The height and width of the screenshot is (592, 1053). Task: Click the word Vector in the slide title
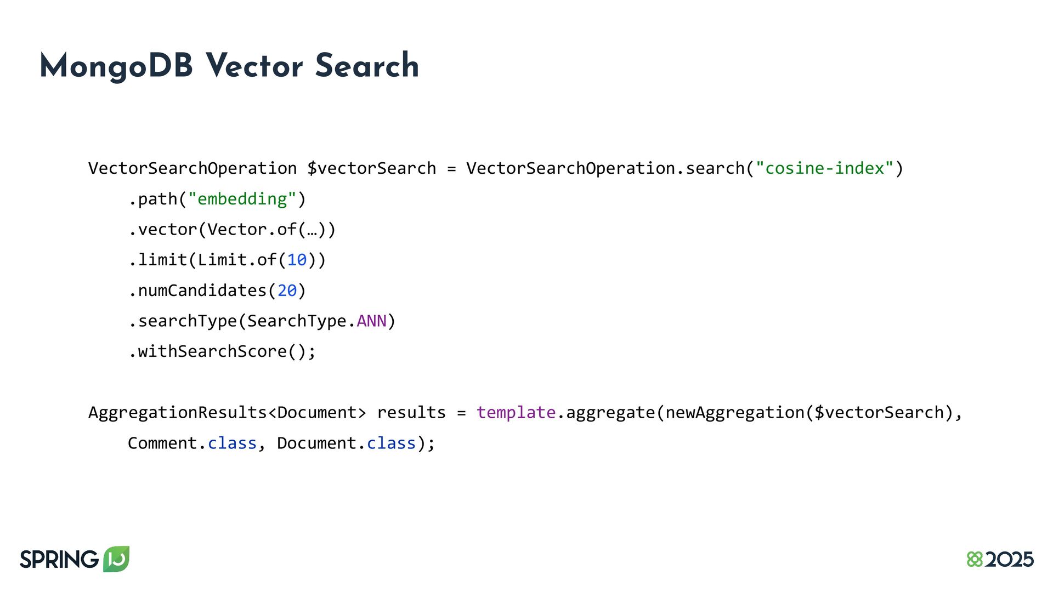tap(254, 66)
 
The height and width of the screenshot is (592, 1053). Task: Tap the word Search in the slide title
tap(367, 66)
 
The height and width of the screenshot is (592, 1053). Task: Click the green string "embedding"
tap(242, 199)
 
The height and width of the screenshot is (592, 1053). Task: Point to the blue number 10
tap(297, 260)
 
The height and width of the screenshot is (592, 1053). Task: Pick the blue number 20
tap(287, 291)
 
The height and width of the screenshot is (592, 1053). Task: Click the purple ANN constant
tap(371, 321)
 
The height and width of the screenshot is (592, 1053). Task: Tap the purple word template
tap(516, 412)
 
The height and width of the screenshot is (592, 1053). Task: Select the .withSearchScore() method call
tap(222, 351)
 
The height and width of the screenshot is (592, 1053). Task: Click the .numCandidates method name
tap(202, 291)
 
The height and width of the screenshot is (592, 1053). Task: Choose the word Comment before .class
tap(162, 443)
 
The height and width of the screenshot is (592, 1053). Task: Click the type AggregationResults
tap(177, 412)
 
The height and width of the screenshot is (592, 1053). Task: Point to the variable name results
tap(411, 412)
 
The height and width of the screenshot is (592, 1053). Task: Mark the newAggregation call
tap(734, 412)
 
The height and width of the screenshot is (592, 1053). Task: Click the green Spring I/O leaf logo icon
tap(116, 559)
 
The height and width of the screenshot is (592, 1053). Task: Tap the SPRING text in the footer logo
tap(59, 560)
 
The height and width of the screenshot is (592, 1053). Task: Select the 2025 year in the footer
tap(1009, 560)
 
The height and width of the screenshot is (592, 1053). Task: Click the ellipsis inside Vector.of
tap(312, 230)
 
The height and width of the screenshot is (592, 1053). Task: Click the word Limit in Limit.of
tap(222, 260)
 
